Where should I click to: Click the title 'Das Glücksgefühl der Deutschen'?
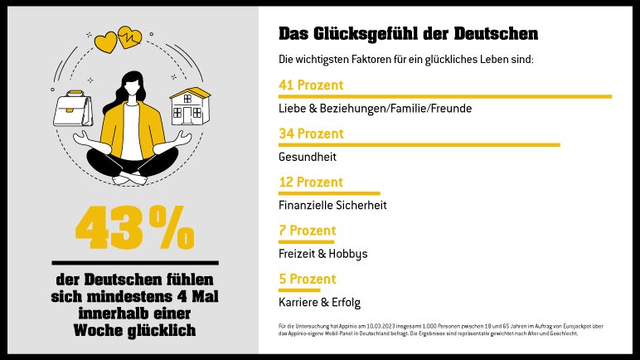[x=409, y=34]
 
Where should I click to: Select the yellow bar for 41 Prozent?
[x=445, y=97]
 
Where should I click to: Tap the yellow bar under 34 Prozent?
[x=419, y=145]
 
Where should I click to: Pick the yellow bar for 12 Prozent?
[x=329, y=193]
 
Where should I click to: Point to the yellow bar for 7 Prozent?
[x=307, y=241]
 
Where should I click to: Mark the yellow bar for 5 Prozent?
[x=299, y=290]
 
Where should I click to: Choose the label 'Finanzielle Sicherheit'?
[x=333, y=205]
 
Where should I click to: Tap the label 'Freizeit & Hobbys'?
[x=323, y=253]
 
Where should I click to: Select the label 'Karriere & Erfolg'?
[x=320, y=302]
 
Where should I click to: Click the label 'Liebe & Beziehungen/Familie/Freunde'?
[x=376, y=109]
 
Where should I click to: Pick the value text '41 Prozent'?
[x=311, y=85]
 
